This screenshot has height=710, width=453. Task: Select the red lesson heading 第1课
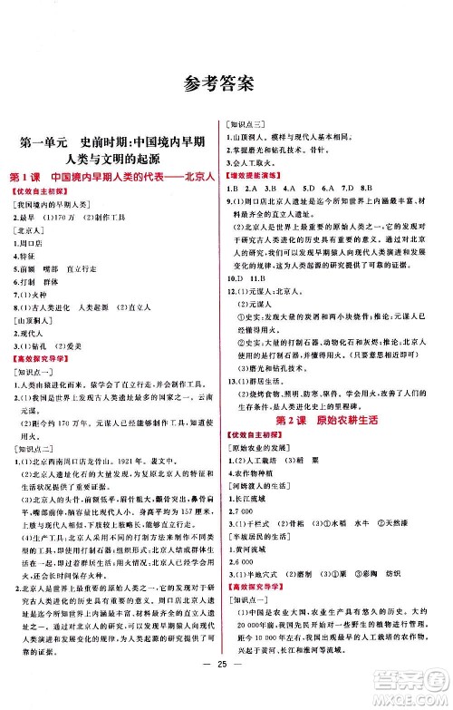pyautogui.click(x=24, y=175)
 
